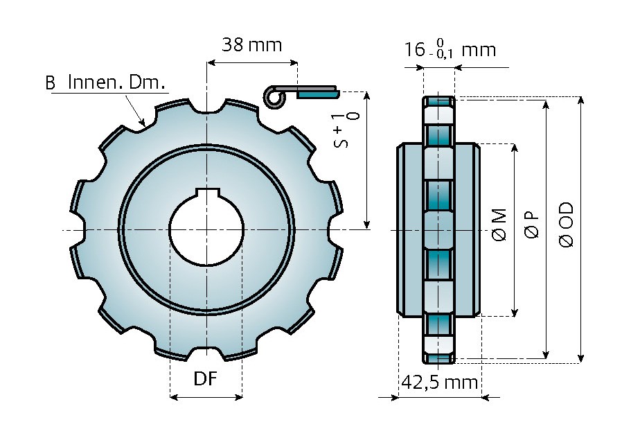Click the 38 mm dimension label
[251, 45]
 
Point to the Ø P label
[532, 225]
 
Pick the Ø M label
[499, 225]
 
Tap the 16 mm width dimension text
[450, 50]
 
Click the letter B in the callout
[50, 84]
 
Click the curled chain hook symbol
[275, 98]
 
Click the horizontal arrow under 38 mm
[251, 62]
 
